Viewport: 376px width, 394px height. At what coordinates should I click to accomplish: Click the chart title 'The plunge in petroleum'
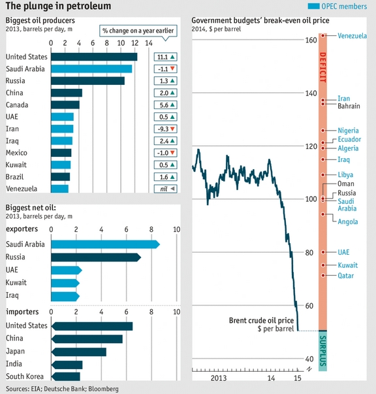(58, 6)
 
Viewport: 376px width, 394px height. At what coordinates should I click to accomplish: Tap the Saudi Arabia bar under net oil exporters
(104, 244)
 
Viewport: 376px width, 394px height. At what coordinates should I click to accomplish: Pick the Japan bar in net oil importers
(78, 352)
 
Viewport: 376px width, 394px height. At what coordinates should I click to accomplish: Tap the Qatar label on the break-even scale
(346, 276)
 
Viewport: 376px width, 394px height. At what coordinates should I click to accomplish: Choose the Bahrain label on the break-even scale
(349, 106)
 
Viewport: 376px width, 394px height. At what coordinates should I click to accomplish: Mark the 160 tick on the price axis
(309, 41)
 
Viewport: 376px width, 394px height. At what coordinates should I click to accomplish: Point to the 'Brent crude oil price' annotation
(260, 320)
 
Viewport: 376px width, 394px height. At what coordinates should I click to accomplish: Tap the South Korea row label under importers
(25, 376)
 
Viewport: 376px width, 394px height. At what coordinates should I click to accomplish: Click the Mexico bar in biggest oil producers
(61, 153)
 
